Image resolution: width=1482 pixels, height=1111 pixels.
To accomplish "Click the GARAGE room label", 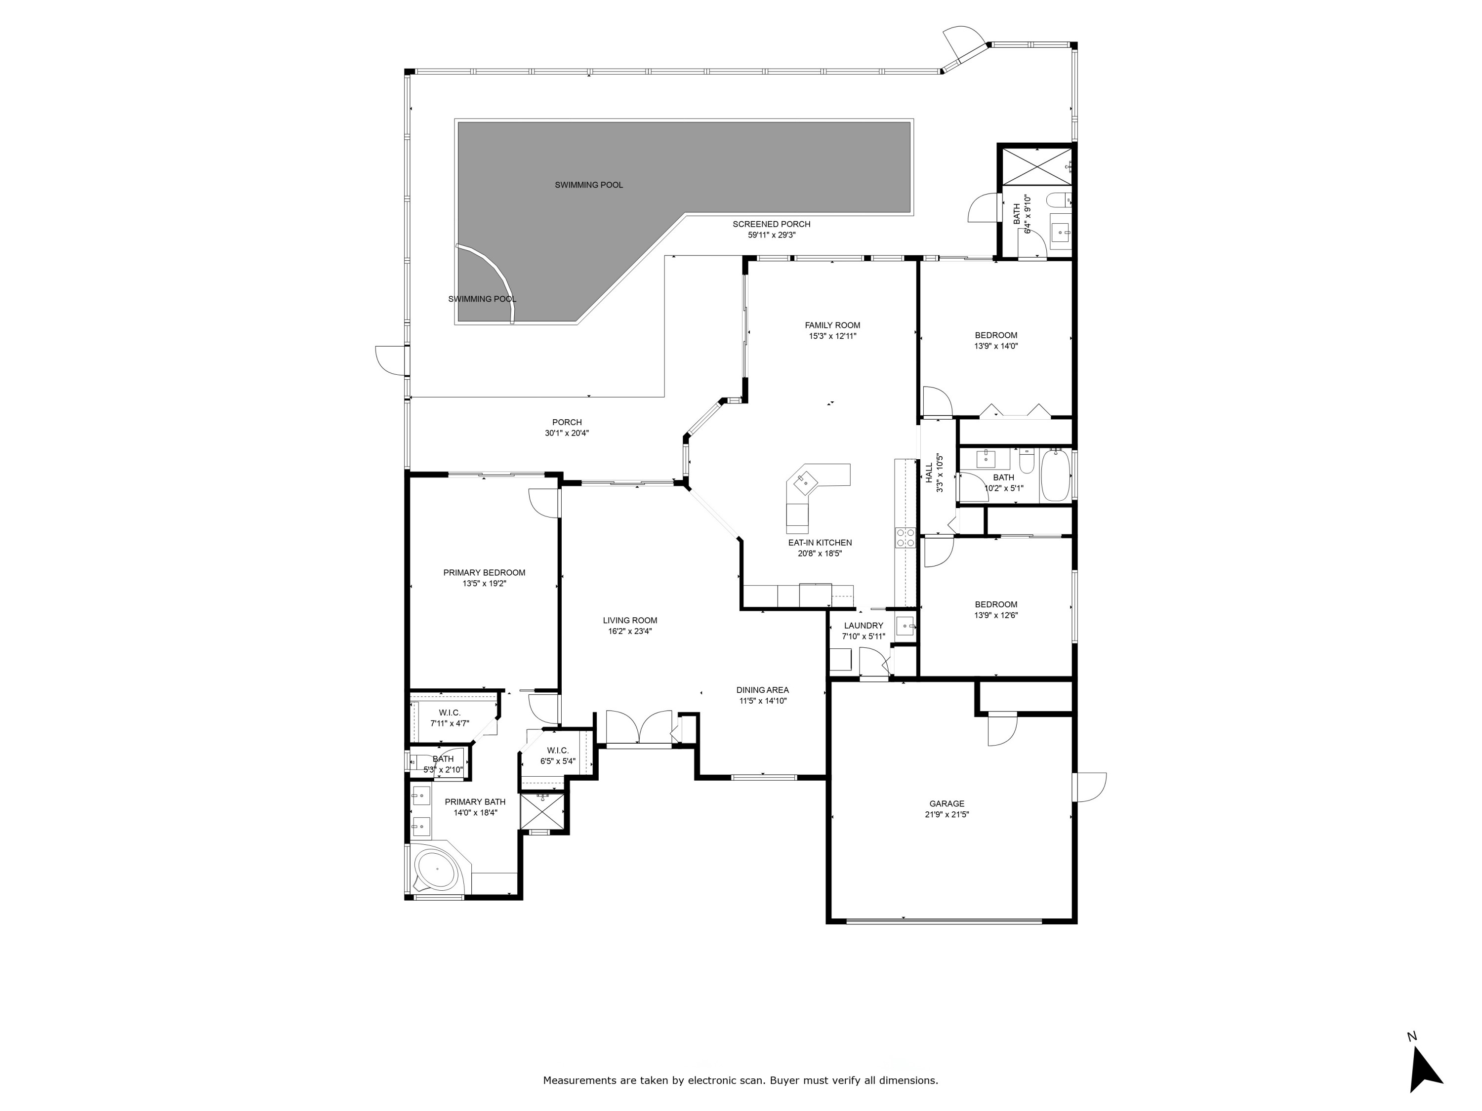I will (946, 803).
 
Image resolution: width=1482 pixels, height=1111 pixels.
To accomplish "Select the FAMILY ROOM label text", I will (832, 325).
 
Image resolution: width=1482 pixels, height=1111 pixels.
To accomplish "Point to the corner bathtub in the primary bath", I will (436, 869).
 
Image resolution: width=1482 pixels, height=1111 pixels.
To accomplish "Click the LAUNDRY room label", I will (864, 626).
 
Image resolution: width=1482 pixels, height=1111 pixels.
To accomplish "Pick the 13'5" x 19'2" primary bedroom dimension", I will (484, 583).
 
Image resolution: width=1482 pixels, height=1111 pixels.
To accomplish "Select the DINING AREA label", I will (762, 690).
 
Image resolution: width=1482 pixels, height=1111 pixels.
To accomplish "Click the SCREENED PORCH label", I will (771, 224).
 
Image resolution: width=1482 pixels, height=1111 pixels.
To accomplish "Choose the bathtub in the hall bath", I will (1055, 476).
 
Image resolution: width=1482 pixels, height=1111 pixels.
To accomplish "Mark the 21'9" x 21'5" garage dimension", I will (946, 815).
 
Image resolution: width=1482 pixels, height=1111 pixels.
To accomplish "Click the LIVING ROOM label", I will (630, 620).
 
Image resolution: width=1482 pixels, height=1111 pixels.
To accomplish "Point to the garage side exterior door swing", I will (1091, 787).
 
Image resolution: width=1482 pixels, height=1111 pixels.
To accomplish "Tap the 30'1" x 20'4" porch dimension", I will (567, 433).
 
